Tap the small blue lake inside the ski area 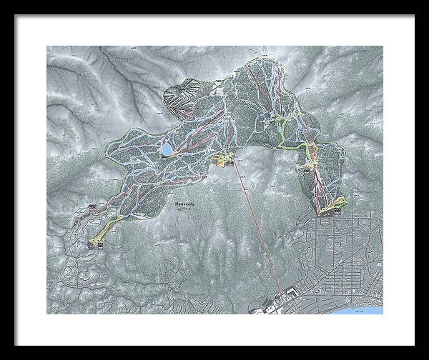[166, 149]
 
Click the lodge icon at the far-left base [93, 208]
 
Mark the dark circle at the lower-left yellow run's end [91, 243]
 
